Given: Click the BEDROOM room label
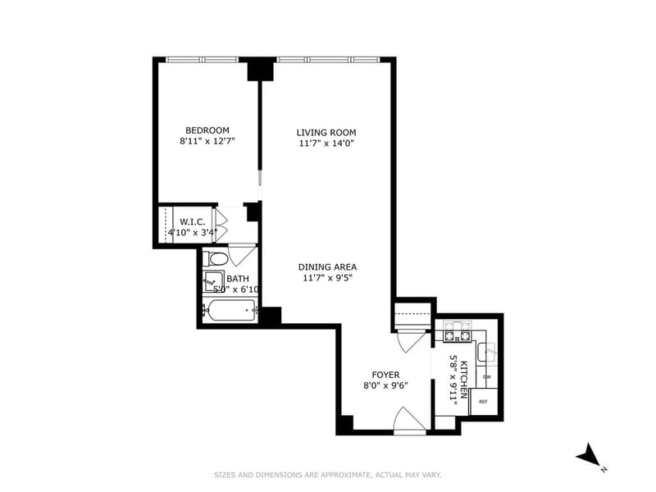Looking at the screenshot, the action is tap(207, 130).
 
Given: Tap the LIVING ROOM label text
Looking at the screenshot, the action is tap(326, 133).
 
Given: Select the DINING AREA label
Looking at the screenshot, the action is tap(327, 267).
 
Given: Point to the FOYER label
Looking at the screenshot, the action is tap(385, 375).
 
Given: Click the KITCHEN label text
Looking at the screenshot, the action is tap(463, 380).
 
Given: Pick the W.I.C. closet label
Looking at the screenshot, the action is tap(193, 221).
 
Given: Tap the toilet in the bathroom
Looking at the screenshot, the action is tap(216, 258).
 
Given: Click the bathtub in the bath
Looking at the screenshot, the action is tap(230, 311).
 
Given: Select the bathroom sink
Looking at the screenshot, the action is tap(213, 281).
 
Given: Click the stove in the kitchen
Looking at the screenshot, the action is tap(457, 331).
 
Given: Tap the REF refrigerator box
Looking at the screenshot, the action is tap(484, 402).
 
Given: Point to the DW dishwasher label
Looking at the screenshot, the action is tap(487, 377).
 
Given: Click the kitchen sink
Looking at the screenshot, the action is tap(487, 353).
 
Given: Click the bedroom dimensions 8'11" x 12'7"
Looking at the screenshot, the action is tap(207, 141).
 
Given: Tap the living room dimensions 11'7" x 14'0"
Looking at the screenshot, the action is tap(326, 143).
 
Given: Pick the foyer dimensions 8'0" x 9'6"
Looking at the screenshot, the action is tap(385, 385).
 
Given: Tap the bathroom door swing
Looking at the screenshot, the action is tap(242, 255).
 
